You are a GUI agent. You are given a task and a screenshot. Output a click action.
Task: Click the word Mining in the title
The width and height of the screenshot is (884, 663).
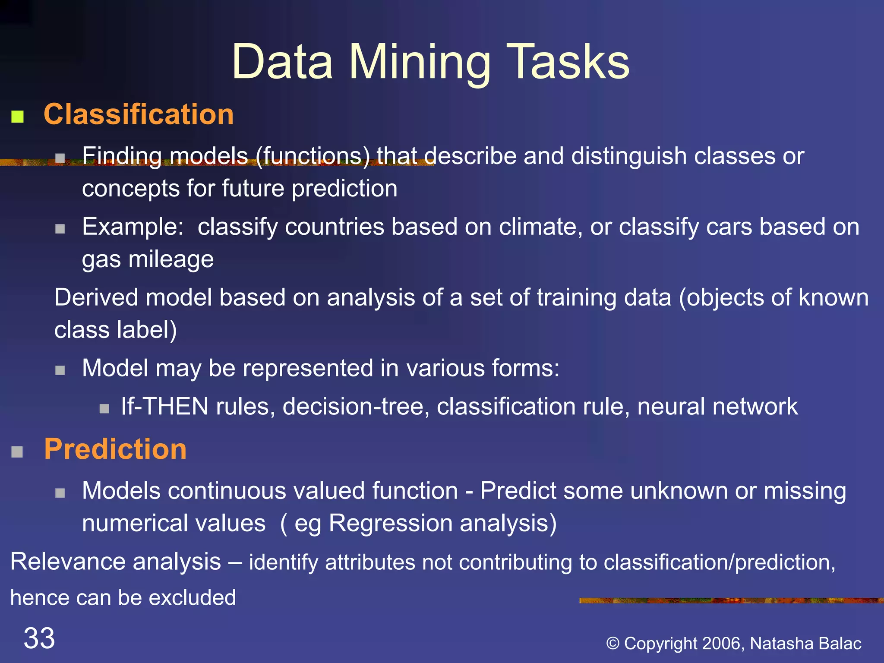[x=420, y=63]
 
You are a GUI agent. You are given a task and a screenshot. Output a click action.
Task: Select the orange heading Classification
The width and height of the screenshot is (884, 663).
[x=139, y=114]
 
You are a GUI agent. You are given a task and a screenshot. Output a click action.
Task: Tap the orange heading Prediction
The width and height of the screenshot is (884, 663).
[x=115, y=449]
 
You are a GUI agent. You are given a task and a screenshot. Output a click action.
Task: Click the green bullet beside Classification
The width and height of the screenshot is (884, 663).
[x=17, y=117]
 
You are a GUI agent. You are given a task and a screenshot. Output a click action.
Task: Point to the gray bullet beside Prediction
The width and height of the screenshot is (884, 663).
[x=17, y=452]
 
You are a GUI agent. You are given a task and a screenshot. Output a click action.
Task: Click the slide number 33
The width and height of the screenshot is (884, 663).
[x=39, y=638]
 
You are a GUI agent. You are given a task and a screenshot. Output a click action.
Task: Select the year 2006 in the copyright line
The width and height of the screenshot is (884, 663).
[x=721, y=643]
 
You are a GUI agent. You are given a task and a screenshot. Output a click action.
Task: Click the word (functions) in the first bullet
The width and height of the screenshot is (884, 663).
[x=313, y=156]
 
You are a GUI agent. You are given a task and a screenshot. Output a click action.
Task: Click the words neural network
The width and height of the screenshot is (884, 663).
[x=717, y=407]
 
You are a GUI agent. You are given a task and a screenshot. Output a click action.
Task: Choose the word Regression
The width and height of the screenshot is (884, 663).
[x=391, y=523]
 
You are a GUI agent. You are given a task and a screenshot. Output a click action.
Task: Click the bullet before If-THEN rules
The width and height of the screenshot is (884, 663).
[x=104, y=409]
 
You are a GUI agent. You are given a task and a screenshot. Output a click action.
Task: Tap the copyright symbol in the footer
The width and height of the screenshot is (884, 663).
[x=613, y=644]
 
